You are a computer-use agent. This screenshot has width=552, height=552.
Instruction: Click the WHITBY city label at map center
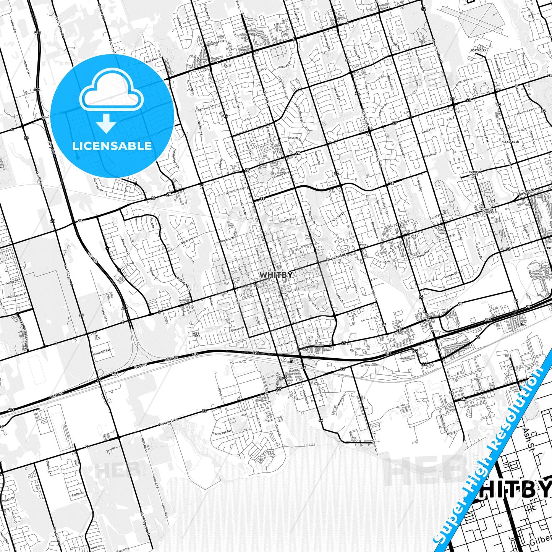tap(276, 275)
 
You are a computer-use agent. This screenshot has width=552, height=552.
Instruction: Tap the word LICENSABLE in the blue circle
tap(112, 146)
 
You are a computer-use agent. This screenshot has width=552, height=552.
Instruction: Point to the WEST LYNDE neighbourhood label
tap(196, 335)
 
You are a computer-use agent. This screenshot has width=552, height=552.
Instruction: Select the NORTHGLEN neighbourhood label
tap(479, 50)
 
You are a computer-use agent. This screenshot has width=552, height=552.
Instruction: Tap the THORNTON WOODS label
tap(474, 173)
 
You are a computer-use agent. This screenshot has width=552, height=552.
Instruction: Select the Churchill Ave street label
tap(102, 351)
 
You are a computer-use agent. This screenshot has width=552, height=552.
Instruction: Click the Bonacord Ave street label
tap(190, 241)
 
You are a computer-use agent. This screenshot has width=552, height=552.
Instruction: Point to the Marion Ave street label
tap(524, 112)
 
